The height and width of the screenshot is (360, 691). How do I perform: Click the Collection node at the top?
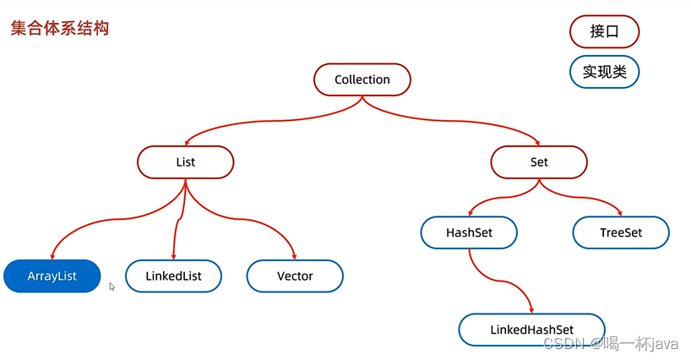[x=362, y=79]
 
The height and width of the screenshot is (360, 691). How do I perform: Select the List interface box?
[x=185, y=162]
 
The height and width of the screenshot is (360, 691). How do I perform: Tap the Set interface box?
[x=539, y=162]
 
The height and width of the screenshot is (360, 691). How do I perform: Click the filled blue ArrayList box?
[x=52, y=276]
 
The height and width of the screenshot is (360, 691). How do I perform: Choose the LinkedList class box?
[x=174, y=276]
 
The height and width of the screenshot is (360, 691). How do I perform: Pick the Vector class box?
[x=295, y=276]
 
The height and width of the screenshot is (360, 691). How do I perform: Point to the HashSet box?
[x=469, y=232]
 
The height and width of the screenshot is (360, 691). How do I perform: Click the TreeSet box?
[x=621, y=232]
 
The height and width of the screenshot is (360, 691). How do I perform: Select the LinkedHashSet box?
[x=532, y=329]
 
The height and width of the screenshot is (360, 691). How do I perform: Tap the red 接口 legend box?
[x=604, y=32]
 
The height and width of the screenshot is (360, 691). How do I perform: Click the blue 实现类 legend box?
[x=604, y=72]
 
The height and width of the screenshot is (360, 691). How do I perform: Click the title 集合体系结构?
[x=59, y=29]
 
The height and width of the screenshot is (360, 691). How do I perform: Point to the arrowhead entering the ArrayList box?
[x=52, y=257]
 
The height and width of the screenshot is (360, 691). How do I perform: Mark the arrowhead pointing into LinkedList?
[x=174, y=257]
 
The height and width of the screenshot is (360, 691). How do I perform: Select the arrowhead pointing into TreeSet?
[x=620, y=213]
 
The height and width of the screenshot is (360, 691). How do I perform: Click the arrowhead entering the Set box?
[x=537, y=143]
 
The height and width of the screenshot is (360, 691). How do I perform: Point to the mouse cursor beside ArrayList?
[x=112, y=286]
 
